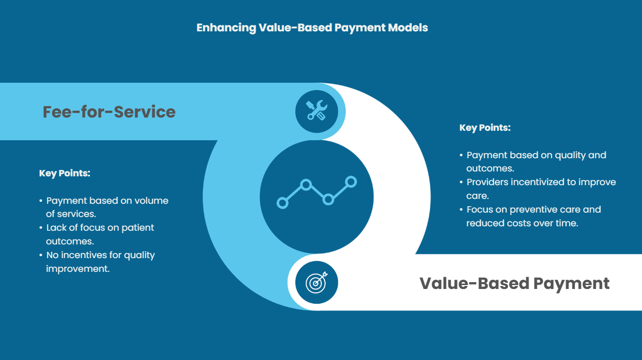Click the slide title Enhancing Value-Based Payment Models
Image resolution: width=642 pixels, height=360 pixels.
312,27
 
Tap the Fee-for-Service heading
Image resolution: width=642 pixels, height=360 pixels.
109,112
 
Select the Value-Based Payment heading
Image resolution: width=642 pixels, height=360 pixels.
514,283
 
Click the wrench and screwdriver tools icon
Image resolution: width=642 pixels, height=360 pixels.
316,111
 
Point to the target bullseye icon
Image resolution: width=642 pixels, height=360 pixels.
316,283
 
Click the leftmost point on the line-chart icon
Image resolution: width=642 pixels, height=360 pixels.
283,202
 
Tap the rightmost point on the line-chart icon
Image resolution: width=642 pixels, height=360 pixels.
351,182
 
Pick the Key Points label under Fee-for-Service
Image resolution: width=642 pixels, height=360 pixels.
65,173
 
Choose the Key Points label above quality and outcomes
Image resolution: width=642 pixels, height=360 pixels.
485,128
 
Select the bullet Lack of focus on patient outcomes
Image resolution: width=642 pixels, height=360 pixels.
100,234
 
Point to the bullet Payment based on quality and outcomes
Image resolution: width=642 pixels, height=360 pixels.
536,161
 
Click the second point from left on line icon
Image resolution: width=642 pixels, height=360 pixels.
306,185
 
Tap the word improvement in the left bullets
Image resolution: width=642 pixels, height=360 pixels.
77,269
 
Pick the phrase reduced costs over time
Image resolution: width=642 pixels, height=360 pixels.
522,223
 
